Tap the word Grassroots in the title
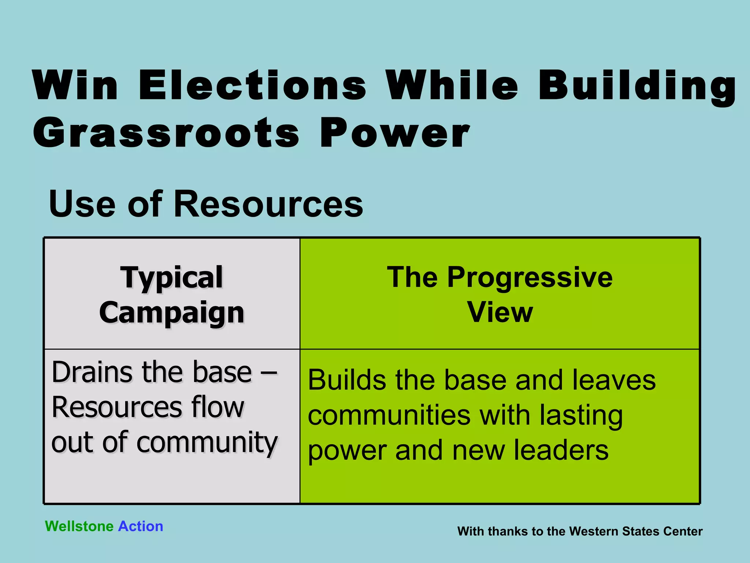(x=167, y=133)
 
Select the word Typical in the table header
(x=171, y=278)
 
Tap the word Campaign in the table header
(x=171, y=313)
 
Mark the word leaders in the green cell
(x=561, y=451)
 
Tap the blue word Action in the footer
(x=141, y=526)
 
